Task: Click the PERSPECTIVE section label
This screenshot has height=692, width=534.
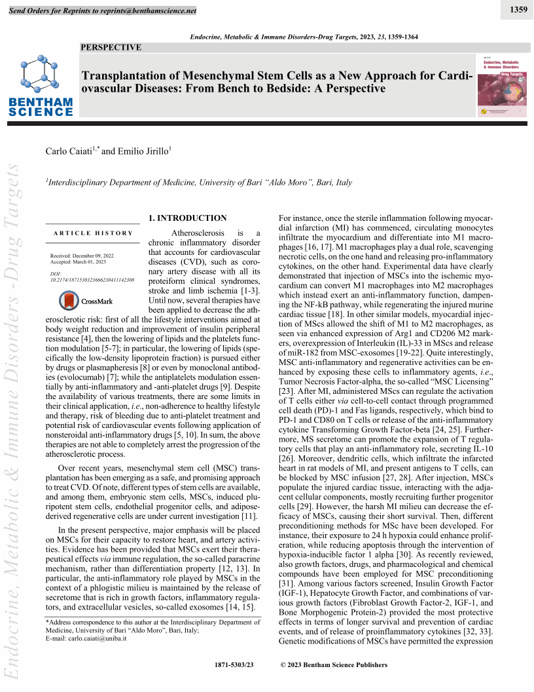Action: [x=111, y=47]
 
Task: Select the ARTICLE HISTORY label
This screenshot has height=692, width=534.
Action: [x=93, y=233]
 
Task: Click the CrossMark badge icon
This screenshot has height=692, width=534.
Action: [x=69, y=301]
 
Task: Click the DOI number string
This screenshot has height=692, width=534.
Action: [x=92, y=280]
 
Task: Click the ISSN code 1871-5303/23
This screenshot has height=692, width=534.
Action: [x=234, y=665]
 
